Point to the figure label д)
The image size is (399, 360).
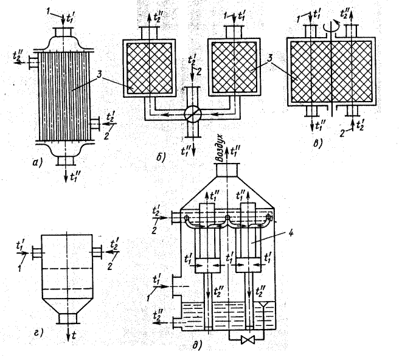(196, 347)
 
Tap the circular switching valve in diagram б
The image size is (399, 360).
(192, 114)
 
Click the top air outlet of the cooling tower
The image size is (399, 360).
(229, 167)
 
